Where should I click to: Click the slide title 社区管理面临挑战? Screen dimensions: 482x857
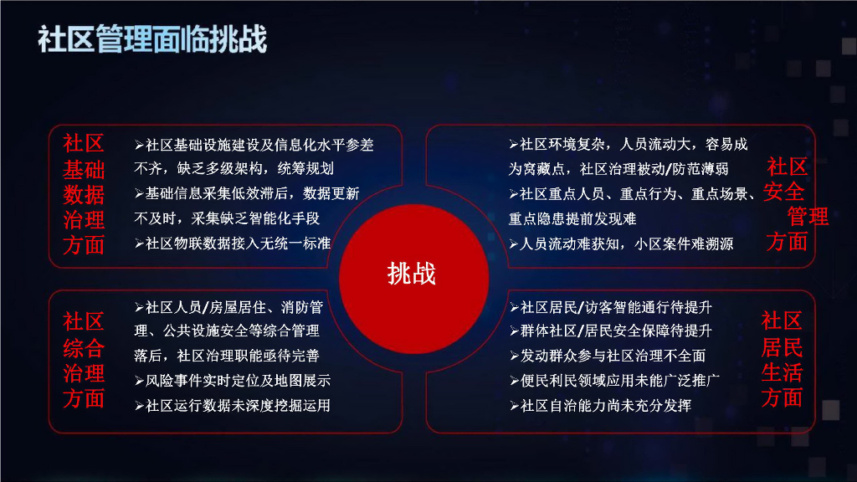152,39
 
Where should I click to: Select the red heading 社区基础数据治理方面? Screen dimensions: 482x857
84,194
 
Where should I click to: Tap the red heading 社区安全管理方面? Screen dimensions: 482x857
789,204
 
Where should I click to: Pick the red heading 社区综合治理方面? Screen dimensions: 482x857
84,359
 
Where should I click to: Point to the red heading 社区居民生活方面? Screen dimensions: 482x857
782,359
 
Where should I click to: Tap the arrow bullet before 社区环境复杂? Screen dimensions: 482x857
513,145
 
